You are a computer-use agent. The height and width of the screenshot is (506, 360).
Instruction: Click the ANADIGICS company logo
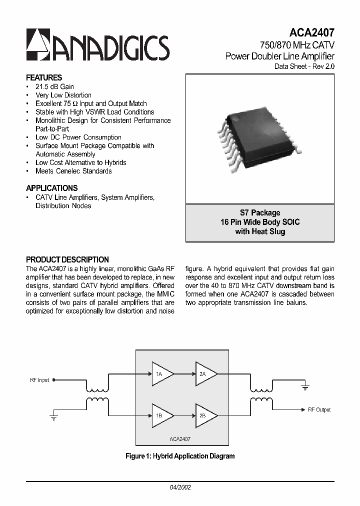97,46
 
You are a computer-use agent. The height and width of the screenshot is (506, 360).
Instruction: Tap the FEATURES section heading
44,78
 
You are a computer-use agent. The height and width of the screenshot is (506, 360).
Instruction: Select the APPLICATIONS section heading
51,188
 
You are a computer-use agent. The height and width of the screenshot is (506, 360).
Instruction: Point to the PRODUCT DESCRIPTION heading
67,260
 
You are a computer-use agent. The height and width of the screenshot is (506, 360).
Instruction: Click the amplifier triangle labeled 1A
162,374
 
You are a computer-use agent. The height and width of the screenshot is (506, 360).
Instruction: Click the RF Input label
39,380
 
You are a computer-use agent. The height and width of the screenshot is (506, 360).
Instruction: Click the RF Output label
319,410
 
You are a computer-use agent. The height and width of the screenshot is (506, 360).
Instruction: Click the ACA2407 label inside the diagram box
179,438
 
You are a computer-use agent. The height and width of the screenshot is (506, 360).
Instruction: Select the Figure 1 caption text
179,456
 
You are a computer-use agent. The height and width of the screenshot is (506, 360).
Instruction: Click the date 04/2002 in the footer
179,487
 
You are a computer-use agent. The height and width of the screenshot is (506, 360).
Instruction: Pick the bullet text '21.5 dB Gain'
54,86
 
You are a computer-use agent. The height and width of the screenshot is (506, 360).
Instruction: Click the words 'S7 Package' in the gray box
259,213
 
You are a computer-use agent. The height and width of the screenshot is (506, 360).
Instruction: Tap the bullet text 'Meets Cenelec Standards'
73,171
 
